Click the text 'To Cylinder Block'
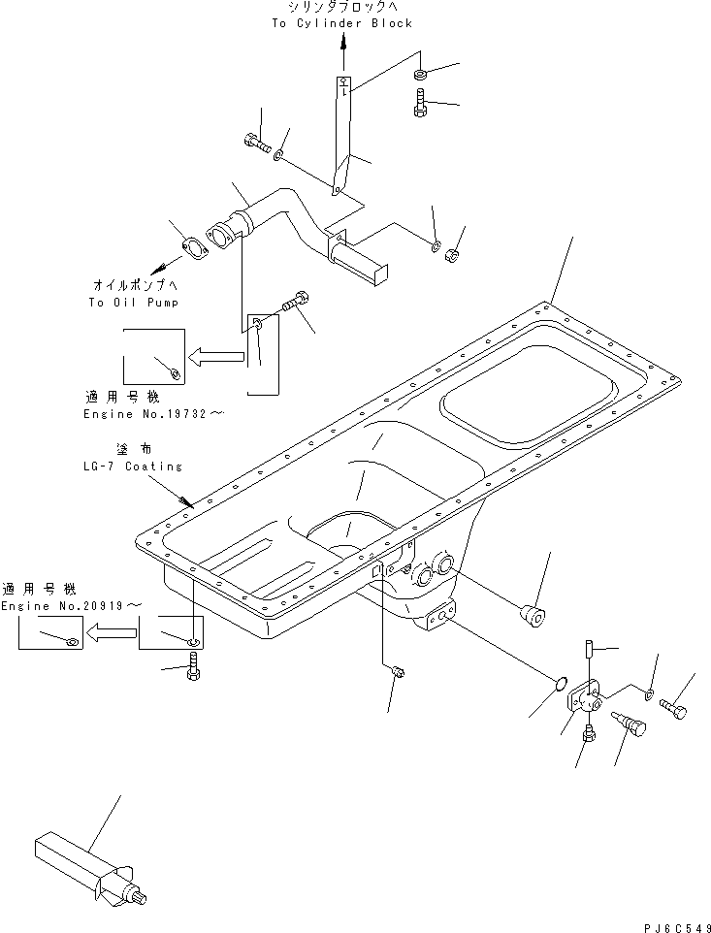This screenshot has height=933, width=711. pyautogui.click(x=342, y=23)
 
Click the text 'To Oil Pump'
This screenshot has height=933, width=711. pyautogui.click(x=133, y=303)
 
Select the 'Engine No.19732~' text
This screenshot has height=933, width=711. pyautogui.click(x=154, y=414)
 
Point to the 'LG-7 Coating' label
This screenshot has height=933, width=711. pyautogui.click(x=133, y=466)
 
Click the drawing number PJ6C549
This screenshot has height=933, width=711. pyautogui.click(x=677, y=927)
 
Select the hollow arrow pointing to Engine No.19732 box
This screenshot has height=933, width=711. pyautogui.click(x=216, y=356)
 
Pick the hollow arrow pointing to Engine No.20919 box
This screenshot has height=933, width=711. pyautogui.click(x=113, y=632)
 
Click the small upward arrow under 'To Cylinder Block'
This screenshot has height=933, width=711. pyautogui.click(x=343, y=44)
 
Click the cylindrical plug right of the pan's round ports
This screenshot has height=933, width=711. pyautogui.click(x=533, y=615)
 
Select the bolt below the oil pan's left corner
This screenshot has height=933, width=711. pyautogui.click(x=193, y=667)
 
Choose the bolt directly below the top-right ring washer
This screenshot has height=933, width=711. pyautogui.click(x=419, y=103)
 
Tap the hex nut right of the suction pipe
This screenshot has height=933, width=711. pyautogui.click(x=453, y=255)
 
